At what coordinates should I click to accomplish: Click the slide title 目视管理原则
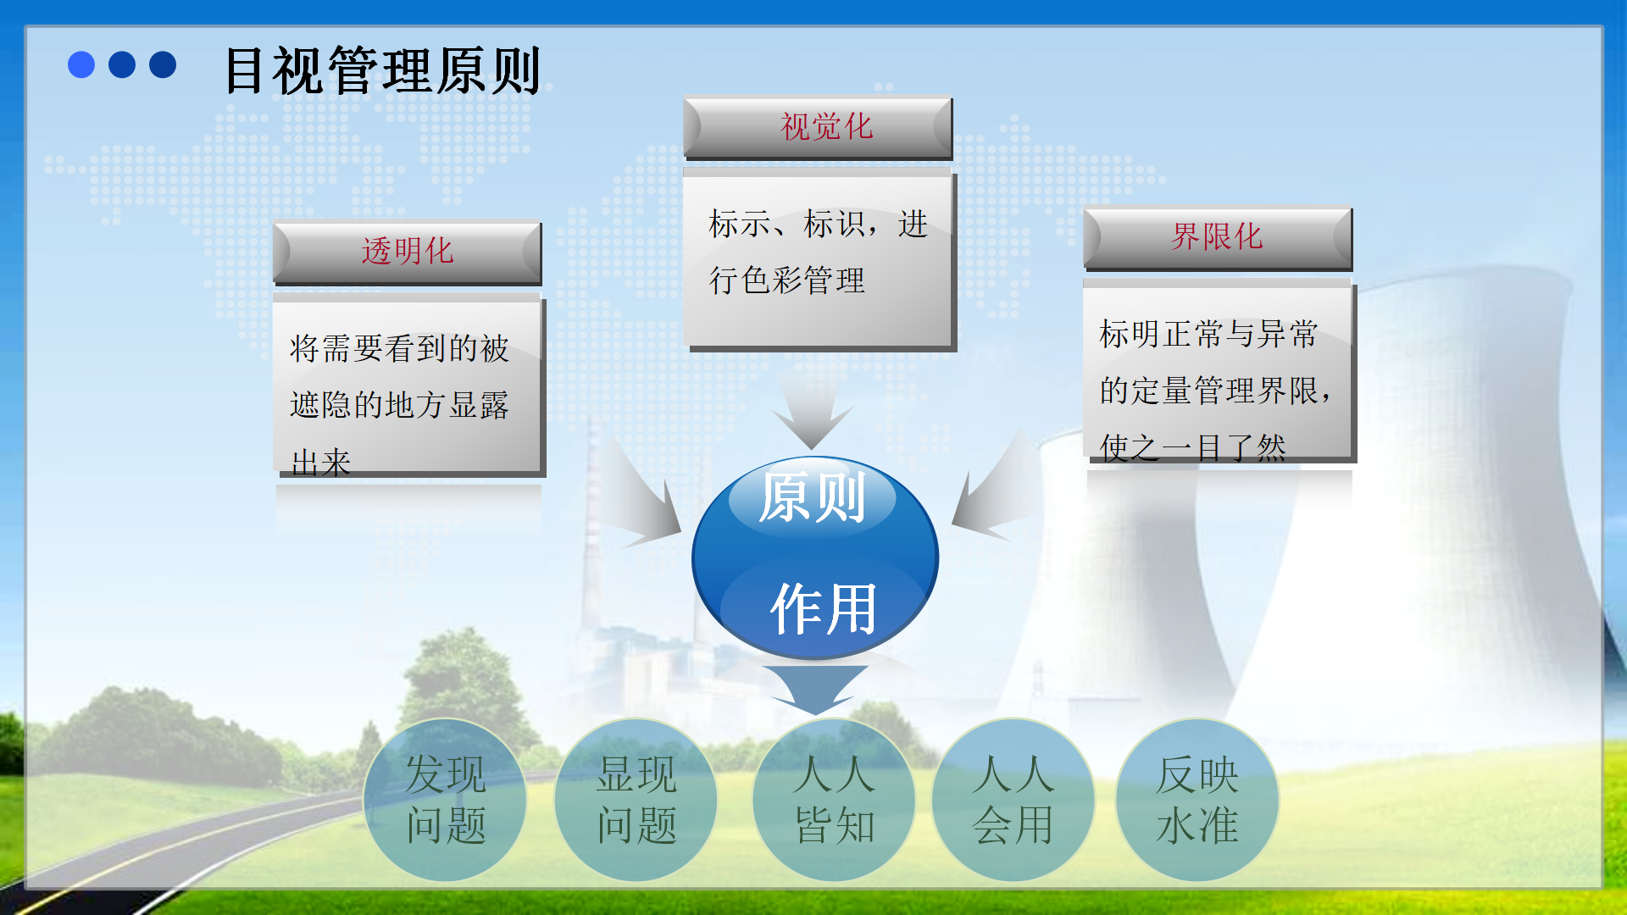[382, 70]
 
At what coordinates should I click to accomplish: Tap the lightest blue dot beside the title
[81, 64]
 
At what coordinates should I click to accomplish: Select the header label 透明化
[408, 252]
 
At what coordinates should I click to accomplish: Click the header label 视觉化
[826, 127]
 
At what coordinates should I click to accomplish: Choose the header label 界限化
[1217, 236]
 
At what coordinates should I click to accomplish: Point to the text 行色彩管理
[786, 280]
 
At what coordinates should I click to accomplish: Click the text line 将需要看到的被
[399, 348]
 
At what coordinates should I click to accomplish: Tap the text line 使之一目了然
[1193, 446]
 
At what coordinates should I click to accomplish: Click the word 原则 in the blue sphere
[812, 497]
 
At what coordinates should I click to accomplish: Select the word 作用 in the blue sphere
[823, 608]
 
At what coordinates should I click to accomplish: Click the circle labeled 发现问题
[445, 800]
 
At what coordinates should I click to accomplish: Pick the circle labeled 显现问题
[636, 800]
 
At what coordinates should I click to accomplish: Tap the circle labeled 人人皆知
[834, 800]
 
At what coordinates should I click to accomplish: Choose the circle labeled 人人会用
[1013, 800]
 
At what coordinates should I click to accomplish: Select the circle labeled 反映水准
[1197, 800]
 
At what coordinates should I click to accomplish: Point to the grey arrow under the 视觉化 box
[812, 407]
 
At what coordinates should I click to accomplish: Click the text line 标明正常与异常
[1208, 334]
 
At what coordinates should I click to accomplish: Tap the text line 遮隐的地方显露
[399, 405]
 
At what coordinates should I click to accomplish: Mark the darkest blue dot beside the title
[163, 64]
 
